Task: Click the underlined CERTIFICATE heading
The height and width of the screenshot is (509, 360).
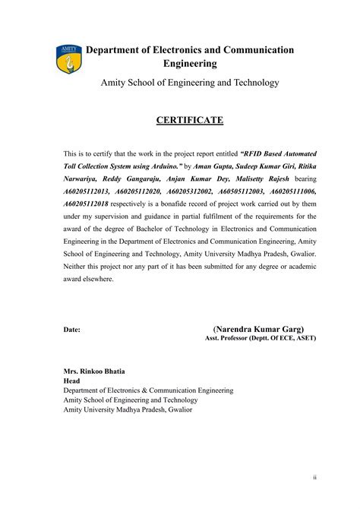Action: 190,120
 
